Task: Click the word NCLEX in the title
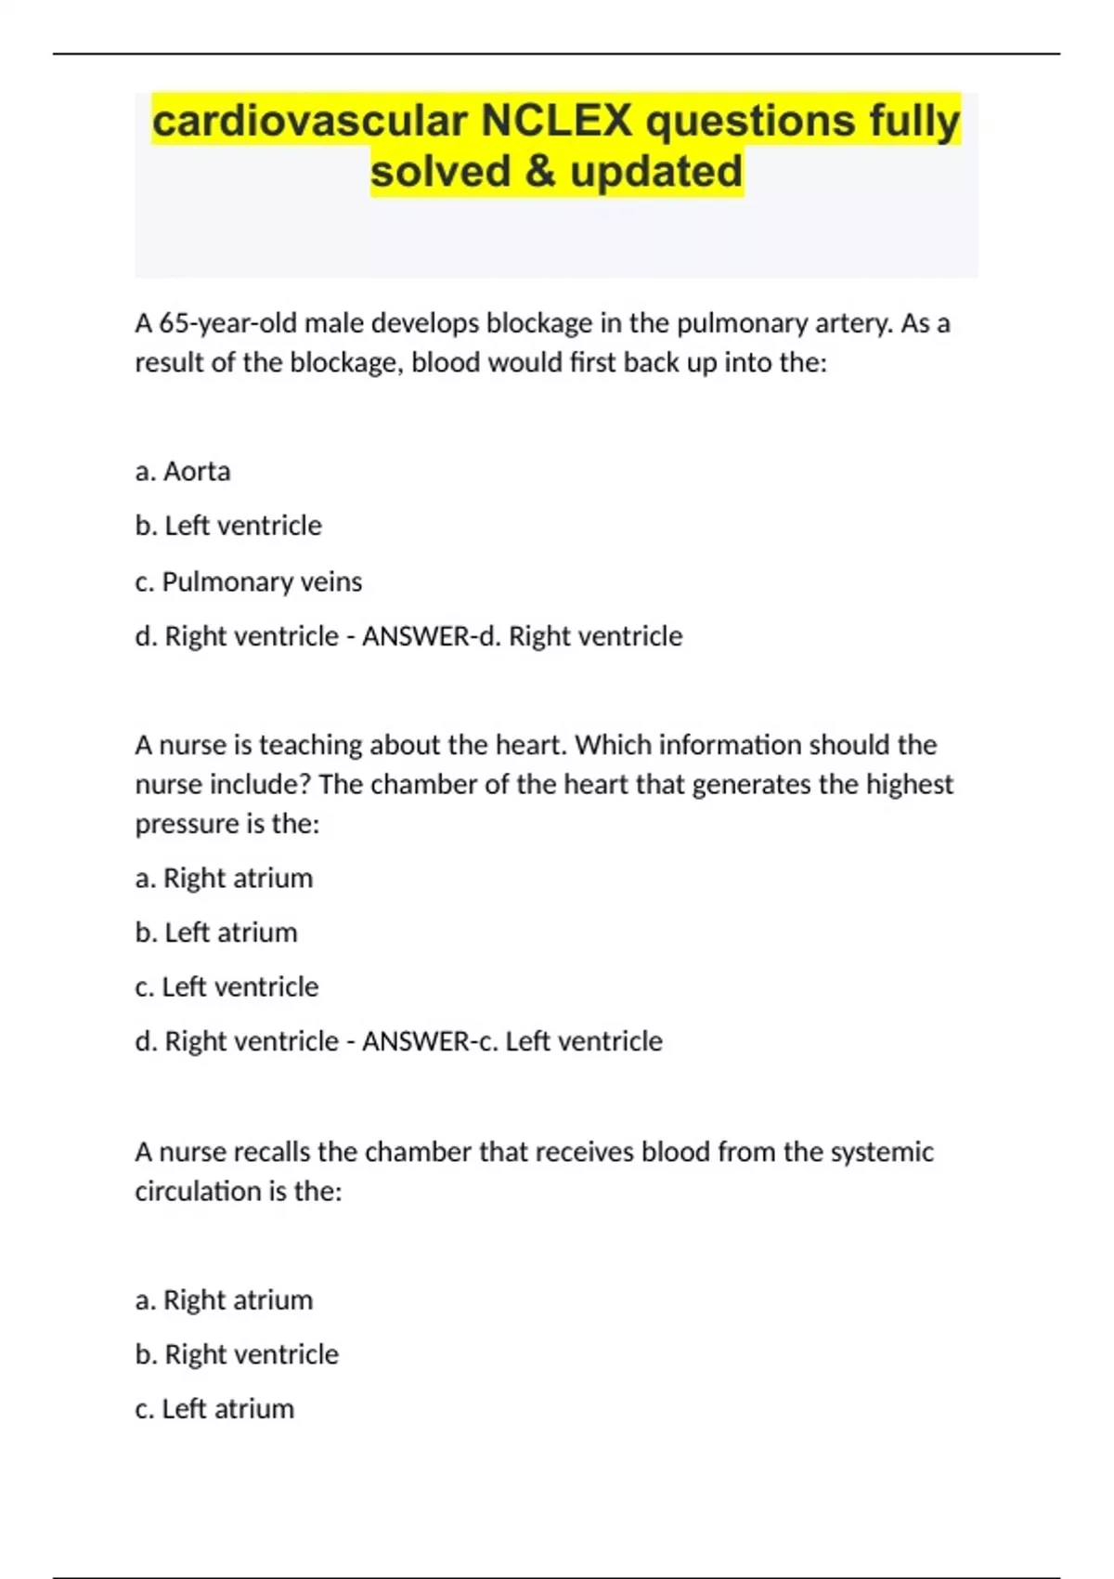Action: [x=556, y=122]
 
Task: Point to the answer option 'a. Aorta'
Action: [x=183, y=472]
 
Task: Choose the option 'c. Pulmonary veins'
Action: [x=249, y=581]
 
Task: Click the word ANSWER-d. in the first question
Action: [x=431, y=636]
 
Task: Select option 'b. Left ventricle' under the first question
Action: [x=228, y=526]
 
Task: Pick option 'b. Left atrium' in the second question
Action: [x=216, y=933]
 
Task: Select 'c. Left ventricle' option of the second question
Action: [x=227, y=986]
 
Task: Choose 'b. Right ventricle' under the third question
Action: [x=237, y=1354]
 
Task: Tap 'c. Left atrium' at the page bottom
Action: [x=214, y=1409]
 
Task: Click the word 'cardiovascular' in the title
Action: [x=309, y=122]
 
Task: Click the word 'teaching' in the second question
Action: [x=310, y=745]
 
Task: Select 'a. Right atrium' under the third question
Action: [x=224, y=1300]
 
